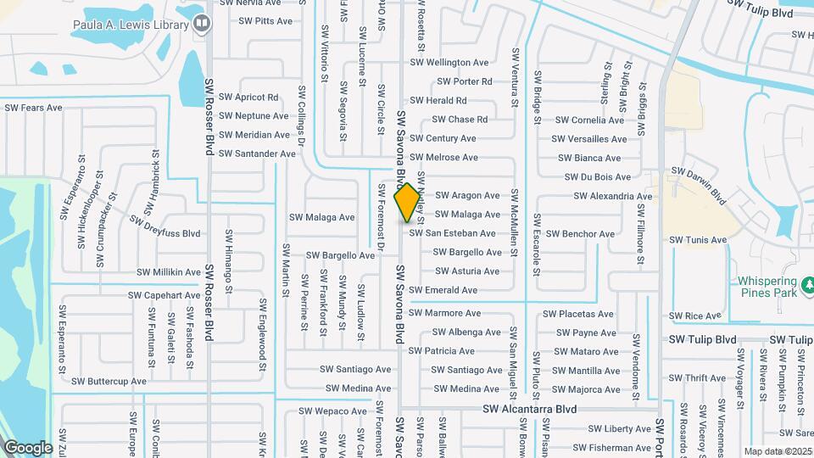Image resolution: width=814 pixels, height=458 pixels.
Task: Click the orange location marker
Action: [407, 202]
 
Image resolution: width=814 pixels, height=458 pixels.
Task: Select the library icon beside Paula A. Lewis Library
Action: [201, 25]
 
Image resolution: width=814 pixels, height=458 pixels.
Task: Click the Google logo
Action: [27, 447]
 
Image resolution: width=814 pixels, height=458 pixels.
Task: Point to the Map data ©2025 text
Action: [778, 451]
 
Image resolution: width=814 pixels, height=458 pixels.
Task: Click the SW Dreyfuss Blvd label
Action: [165, 226]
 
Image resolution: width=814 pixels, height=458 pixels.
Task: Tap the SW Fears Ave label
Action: [34, 108]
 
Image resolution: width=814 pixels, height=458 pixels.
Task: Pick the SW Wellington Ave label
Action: [449, 63]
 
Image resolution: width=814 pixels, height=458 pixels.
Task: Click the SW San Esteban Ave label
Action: [452, 233]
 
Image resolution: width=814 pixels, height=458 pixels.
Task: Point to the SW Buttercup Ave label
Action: [109, 382]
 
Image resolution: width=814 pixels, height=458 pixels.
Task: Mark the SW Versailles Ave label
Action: [589, 139]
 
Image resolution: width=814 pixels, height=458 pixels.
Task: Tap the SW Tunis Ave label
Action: [698, 240]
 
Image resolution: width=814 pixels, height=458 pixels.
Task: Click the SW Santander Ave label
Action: [257, 154]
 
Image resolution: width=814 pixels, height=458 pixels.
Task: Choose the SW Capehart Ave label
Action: [164, 295]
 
